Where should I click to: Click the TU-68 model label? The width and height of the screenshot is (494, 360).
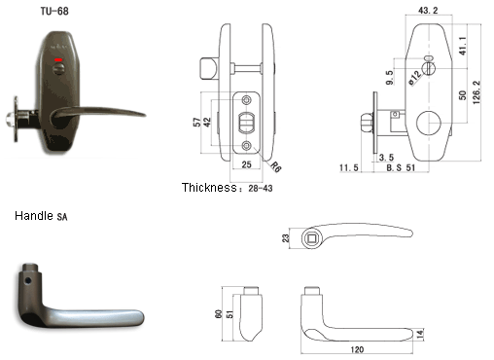tap(54, 12)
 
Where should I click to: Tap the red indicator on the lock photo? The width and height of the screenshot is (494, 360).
tap(58, 59)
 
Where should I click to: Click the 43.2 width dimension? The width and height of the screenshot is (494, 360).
tap(428, 11)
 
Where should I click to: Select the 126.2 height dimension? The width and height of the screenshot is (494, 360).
tap(476, 92)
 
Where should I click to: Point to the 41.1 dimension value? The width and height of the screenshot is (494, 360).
tap(463, 46)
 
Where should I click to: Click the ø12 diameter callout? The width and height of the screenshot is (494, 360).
tap(415, 77)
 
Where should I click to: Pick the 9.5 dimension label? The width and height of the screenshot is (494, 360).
tap(390, 78)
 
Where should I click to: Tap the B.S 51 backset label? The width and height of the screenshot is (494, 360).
tap(401, 167)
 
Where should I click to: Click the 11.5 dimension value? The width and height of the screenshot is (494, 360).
tap(349, 167)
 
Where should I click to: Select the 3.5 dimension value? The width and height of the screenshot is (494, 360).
tap(386, 158)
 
